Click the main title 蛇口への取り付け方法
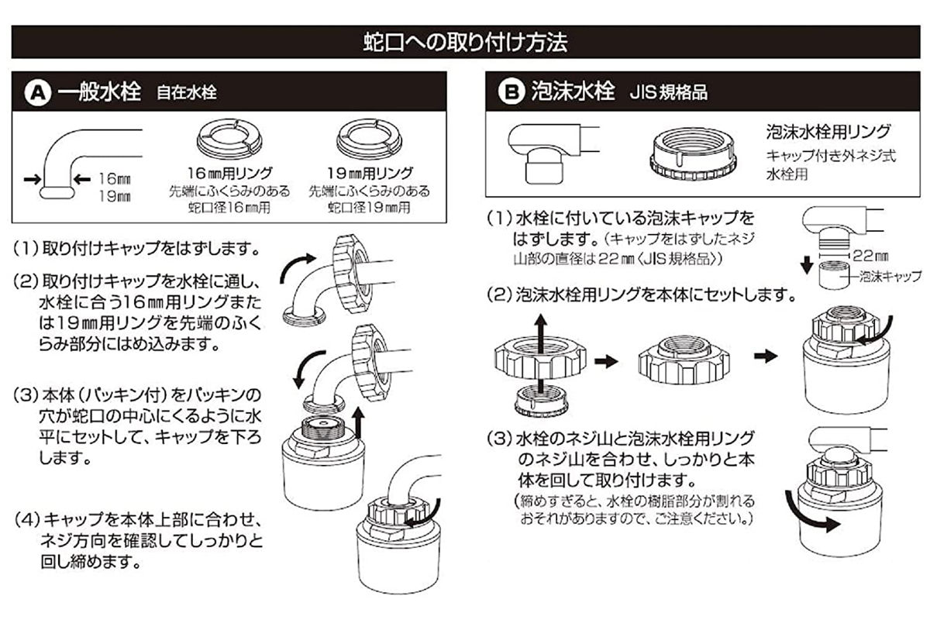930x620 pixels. tap(465, 42)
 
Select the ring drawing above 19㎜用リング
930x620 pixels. tap(369, 138)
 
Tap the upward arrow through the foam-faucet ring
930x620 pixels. tap(541, 340)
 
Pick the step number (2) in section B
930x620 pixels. tap(498, 295)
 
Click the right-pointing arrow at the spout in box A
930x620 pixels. tap(30, 180)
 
